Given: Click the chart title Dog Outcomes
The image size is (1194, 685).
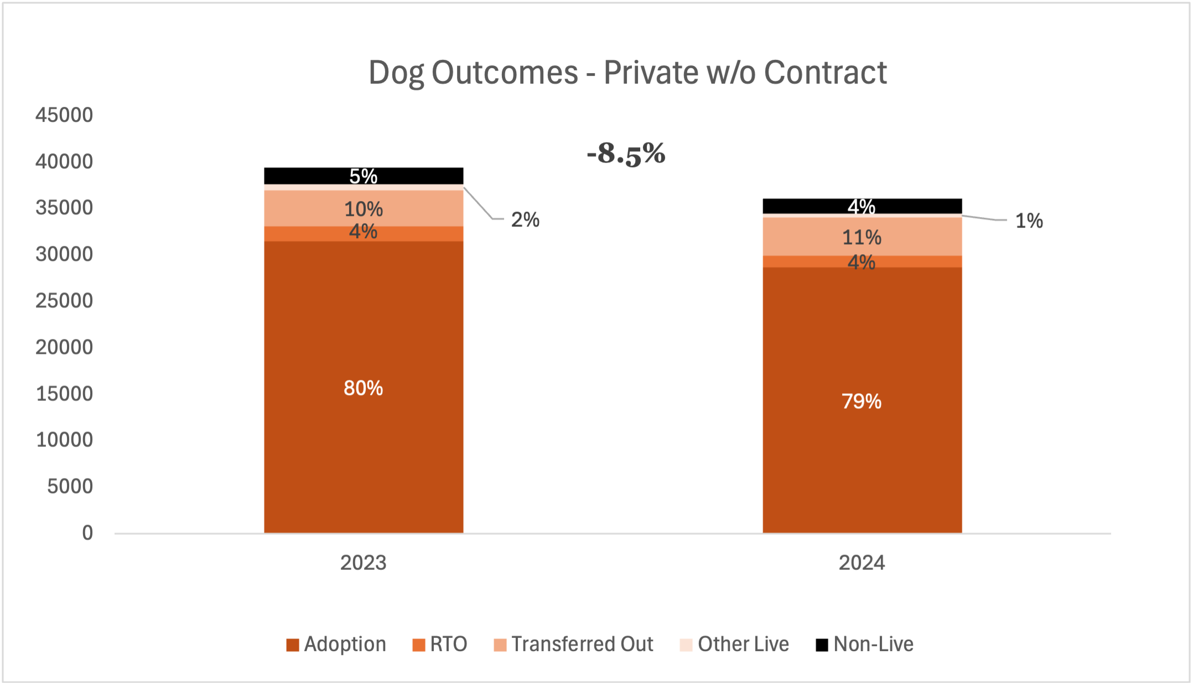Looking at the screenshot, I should click(x=627, y=73).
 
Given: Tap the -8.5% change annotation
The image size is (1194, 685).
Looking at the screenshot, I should click(x=626, y=153).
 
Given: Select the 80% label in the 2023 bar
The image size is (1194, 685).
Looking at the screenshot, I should click(x=363, y=388).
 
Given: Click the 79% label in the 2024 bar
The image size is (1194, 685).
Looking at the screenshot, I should click(x=861, y=401).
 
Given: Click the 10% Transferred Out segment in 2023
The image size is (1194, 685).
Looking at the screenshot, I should click(x=363, y=209).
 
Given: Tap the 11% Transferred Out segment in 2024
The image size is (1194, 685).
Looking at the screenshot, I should click(x=861, y=237).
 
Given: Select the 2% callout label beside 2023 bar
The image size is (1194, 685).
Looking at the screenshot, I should click(x=525, y=220).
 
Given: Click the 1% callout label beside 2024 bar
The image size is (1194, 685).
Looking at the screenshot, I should click(x=1029, y=221).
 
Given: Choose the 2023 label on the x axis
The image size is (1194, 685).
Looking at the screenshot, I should click(x=363, y=563).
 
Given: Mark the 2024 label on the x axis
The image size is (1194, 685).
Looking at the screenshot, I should click(x=861, y=563).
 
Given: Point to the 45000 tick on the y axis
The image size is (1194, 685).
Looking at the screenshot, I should click(x=64, y=115).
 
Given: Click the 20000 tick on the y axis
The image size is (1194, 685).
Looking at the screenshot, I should click(x=64, y=347).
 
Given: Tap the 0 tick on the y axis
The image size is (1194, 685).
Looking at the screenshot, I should click(x=87, y=533).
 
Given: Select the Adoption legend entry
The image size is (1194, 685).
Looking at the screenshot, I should click(x=336, y=644).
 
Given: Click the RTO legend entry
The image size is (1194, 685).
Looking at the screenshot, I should click(x=440, y=644).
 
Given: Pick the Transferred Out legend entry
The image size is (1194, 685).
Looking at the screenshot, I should click(x=573, y=644).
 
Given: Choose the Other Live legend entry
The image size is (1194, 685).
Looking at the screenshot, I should click(x=734, y=644).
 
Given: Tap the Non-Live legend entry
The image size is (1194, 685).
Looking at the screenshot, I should click(x=865, y=644).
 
